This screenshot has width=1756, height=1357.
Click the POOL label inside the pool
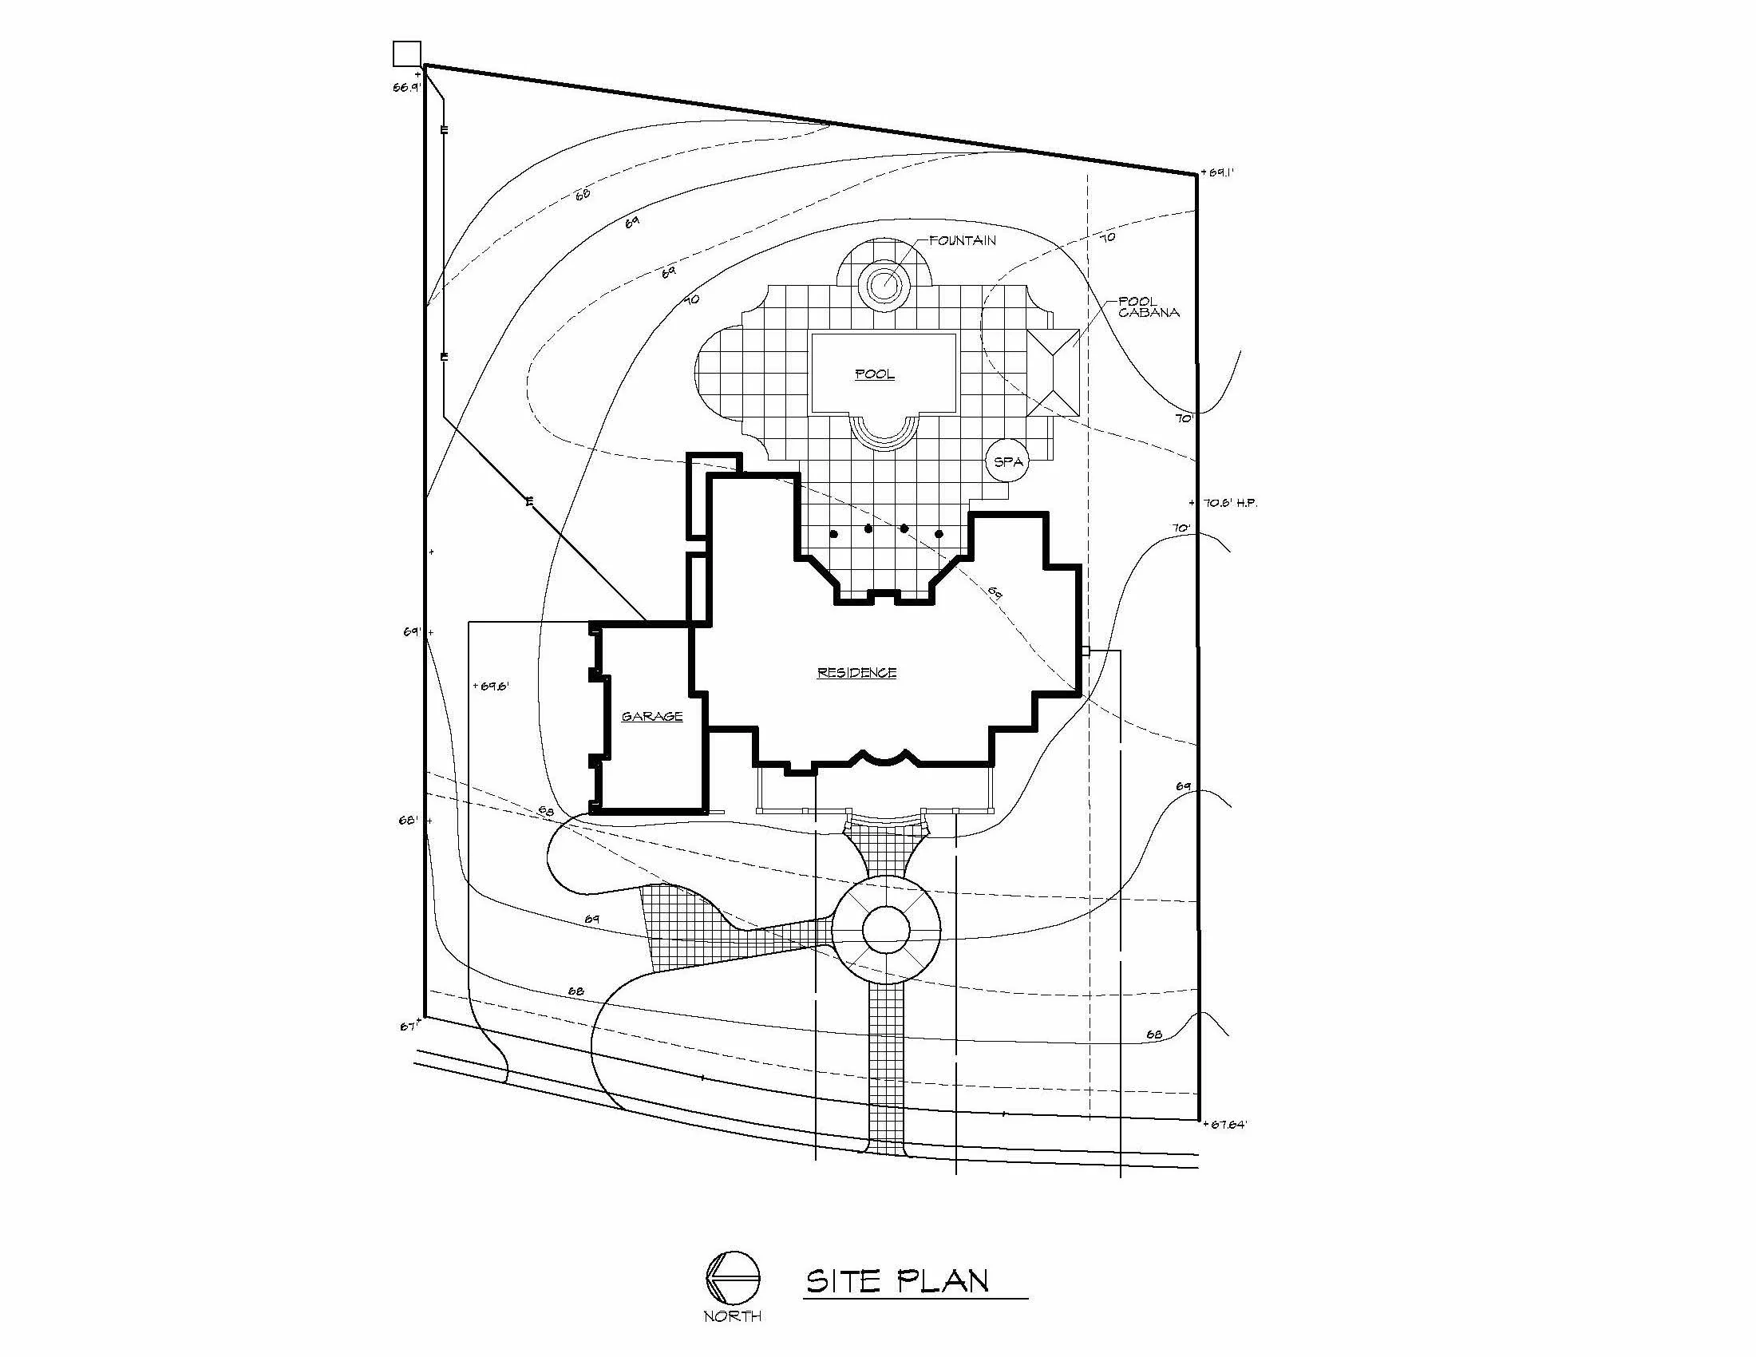pos(874,374)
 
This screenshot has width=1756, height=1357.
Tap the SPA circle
pos(1007,462)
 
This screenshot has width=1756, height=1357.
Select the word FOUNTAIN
pos(963,240)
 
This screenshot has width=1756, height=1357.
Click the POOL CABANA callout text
pos(1148,307)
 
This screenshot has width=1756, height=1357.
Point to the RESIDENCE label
pos(856,673)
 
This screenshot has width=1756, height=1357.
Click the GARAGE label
pos(652,716)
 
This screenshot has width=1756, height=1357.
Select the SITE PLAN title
pos(897,1280)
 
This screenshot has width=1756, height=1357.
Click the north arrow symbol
pos(733,1280)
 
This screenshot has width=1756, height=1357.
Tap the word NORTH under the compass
pos(733,1316)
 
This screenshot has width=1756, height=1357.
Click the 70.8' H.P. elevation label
pos(1230,503)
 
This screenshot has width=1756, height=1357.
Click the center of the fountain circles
pos(884,283)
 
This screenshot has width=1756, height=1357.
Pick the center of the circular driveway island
pos(885,931)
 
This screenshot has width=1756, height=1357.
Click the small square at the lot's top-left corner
pos(407,53)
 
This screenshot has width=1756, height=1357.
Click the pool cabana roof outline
pos(1054,372)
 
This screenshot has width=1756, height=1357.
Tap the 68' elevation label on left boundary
pos(409,821)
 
